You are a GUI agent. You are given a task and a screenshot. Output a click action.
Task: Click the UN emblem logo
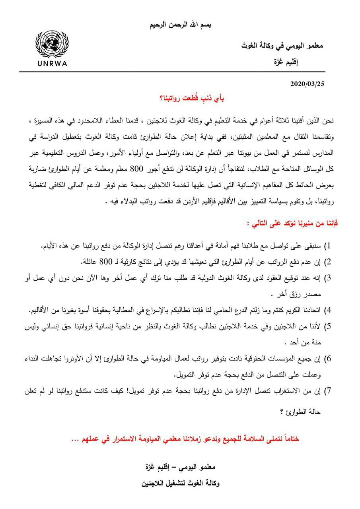pyautogui.click(x=52, y=45)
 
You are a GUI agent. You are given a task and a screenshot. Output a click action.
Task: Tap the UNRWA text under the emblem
pyautogui.click(x=52, y=63)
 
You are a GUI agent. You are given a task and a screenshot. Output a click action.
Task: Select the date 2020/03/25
pyautogui.click(x=308, y=84)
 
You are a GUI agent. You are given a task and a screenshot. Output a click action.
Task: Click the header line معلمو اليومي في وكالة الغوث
pyautogui.click(x=282, y=47)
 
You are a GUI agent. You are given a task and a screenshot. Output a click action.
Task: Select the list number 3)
pyautogui.click(x=327, y=277)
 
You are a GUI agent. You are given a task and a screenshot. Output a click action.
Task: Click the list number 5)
pyautogui.click(x=327, y=326)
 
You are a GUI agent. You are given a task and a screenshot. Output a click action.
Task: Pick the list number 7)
pyautogui.click(x=327, y=391)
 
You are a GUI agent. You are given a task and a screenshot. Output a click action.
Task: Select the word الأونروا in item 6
pyautogui.click(x=78, y=359)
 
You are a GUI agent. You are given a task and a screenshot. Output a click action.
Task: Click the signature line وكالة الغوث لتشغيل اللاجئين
pyautogui.click(x=181, y=484)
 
